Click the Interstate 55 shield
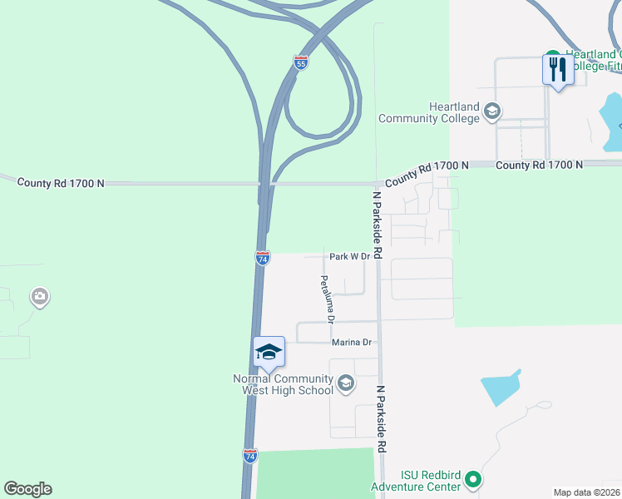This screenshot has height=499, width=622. point(301,62)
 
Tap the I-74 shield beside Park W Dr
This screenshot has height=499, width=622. point(262,258)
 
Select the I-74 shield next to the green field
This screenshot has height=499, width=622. point(250,455)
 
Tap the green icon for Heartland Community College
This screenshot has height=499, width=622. point(491,111)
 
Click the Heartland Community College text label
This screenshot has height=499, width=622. point(429,112)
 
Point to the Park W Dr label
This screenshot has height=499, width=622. point(348,257)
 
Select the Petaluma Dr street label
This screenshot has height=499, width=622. point(327,299)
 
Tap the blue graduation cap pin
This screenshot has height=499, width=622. point(269,352)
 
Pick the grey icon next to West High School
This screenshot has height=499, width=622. point(346,383)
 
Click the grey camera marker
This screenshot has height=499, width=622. point(39,296)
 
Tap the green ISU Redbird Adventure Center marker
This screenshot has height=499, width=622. point(473,479)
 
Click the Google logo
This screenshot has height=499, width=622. point(27,489)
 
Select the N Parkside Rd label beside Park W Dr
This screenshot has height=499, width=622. point(377,225)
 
